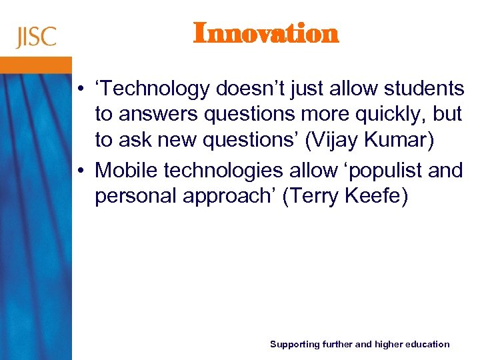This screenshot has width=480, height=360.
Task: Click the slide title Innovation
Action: (x=266, y=33)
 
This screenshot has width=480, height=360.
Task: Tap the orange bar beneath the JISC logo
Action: (x=36, y=65)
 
